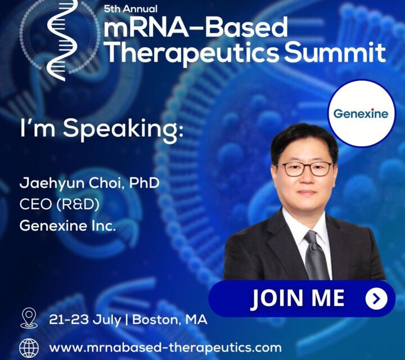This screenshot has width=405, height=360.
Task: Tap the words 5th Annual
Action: coord(130,9)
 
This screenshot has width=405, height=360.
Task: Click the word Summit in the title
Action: coord(335,52)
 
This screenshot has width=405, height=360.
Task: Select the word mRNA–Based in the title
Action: coord(196,27)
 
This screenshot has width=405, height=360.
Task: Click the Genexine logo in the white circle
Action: coord(361,114)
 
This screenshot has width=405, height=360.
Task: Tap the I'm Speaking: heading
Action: coord(102,129)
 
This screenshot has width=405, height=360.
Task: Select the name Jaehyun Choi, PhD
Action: coord(89,183)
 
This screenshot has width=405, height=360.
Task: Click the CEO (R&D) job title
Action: coord(60,205)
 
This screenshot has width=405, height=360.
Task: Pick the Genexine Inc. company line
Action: coord(67,226)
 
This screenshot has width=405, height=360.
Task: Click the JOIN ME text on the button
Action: coord(298,298)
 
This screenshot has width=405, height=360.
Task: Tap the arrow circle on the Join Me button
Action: coord(376,299)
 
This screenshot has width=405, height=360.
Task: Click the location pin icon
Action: coord(29,318)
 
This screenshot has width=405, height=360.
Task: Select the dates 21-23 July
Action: coord(85,320)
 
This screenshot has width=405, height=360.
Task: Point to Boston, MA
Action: coord(170,319)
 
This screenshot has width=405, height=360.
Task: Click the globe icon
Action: coord(29,348)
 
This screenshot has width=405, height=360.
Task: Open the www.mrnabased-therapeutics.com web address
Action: coord(165,348)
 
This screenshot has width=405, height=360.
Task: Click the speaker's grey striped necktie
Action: coord(315,256)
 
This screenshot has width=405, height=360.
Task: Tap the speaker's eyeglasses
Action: coord(305,169)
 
